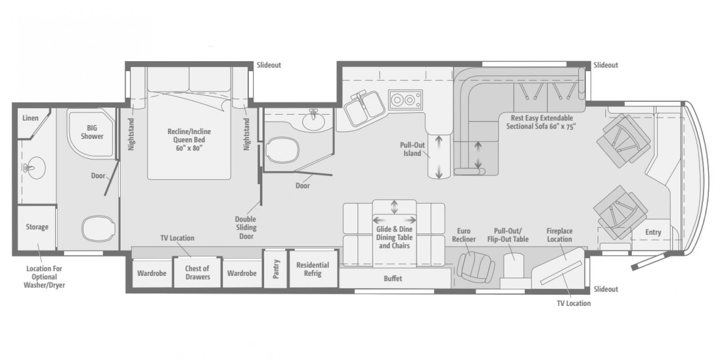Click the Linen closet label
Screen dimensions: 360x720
click(x=31, y=118)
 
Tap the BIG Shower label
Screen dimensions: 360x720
click(x=92, y=132)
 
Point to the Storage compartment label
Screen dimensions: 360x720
click(x=37, y=227)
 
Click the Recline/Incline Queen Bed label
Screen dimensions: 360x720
click(x=189, y=139)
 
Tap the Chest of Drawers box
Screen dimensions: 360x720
click(x=198, y=273)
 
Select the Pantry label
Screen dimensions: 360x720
click(x=276, y=269)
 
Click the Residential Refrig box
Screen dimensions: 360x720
click(x=313, y=269)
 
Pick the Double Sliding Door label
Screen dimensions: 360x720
click(x=246, y=228)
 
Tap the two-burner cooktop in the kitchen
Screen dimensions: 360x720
click(x=405, y=99)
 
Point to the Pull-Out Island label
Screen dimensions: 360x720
click(x=412, y=149)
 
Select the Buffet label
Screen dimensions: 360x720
click(x=393, y=279)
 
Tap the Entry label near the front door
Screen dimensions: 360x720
click(x=653, y=232)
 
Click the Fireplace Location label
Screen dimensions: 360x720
click(x=559, y=235)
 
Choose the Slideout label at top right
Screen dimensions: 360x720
click(x=606, y=65)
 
